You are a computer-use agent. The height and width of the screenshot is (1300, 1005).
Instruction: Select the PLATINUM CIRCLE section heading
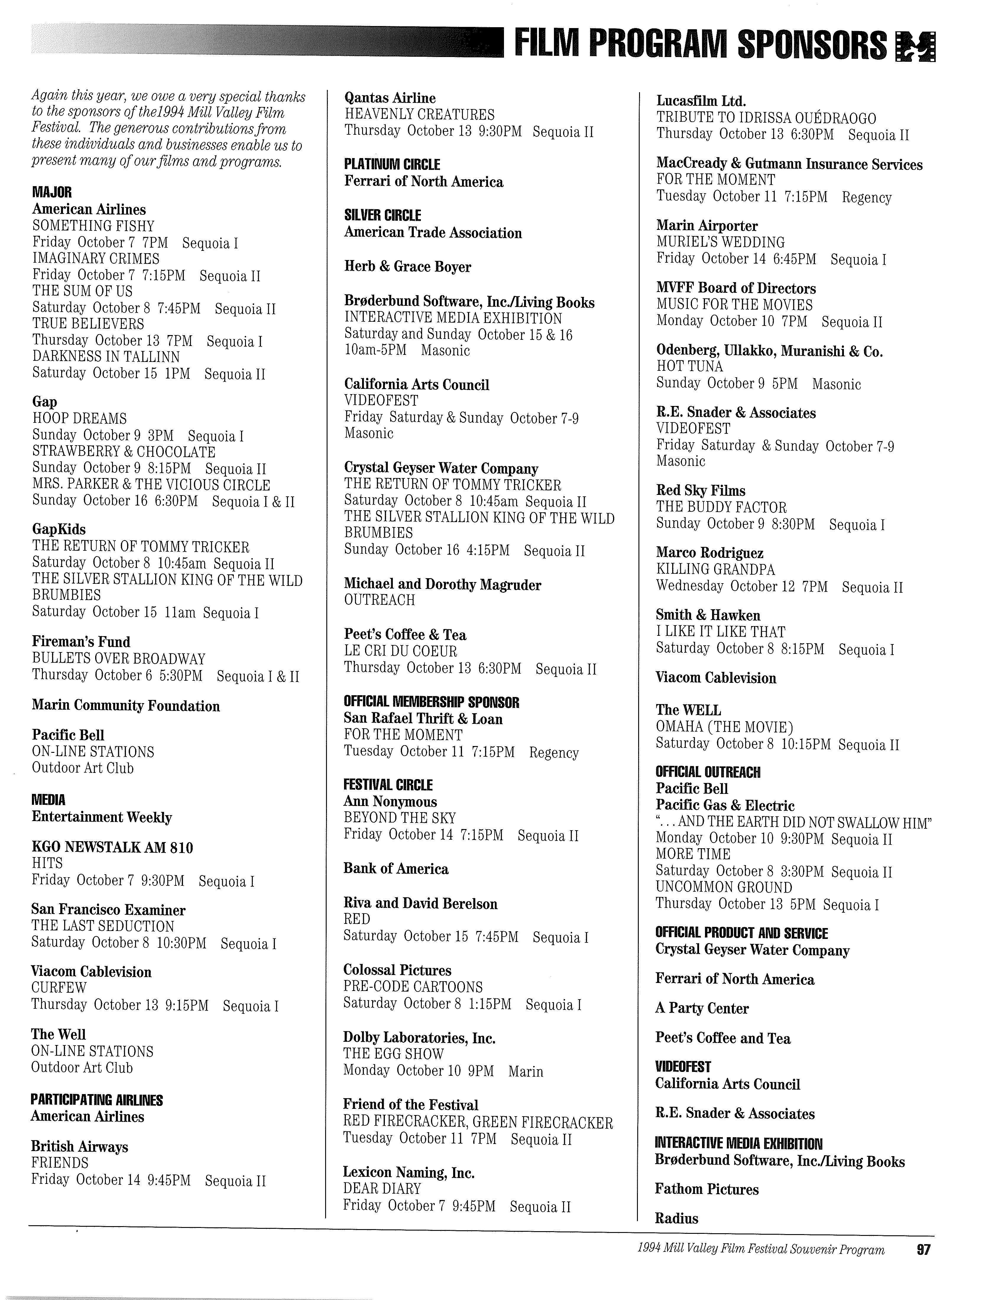pos(392,165)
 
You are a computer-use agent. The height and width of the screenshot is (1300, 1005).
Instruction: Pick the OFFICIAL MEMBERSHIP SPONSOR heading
pos(431,702)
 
